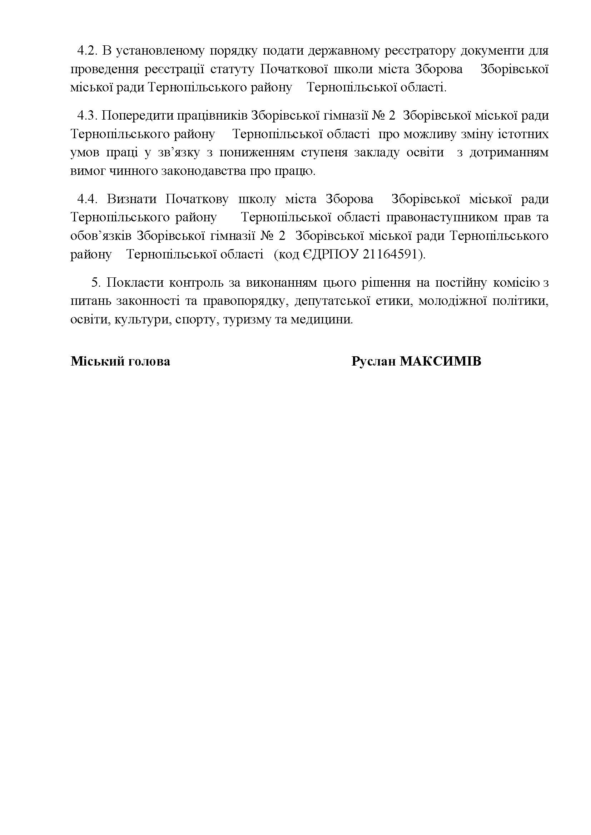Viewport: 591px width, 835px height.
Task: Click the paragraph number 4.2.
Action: pyautogui.click(x=86, y=51)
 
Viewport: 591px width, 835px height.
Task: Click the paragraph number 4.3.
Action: pyautogui.click(x=86, y=116)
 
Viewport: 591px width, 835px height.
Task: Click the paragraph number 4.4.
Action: pyautogui.click(x=88, y=199)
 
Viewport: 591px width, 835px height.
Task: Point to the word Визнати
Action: pyautogui.click(x=132, y=199)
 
